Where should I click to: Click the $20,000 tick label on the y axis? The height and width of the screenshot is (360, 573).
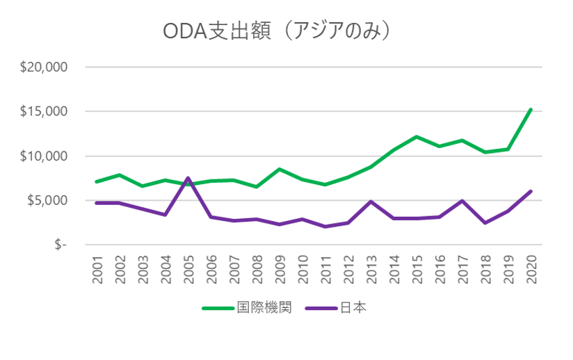(x=43, y=67)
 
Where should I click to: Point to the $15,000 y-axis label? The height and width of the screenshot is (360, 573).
(x=43, y=112)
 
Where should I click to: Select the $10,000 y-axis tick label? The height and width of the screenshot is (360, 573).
(x=43, y=156)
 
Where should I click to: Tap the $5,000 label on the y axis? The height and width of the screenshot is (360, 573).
(x=46, y=201)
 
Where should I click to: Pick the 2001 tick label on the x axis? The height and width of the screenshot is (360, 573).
(x=97, y=269)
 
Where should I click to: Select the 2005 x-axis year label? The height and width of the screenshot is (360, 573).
(x=188, y=269)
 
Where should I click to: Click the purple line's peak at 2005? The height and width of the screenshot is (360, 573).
(x=188, y=178)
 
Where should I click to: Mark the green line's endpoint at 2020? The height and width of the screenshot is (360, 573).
(x=531, y=109)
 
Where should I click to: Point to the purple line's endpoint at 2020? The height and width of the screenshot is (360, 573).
(x=531, y=191)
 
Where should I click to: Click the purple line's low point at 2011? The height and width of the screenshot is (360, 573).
(x=325, y=227)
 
